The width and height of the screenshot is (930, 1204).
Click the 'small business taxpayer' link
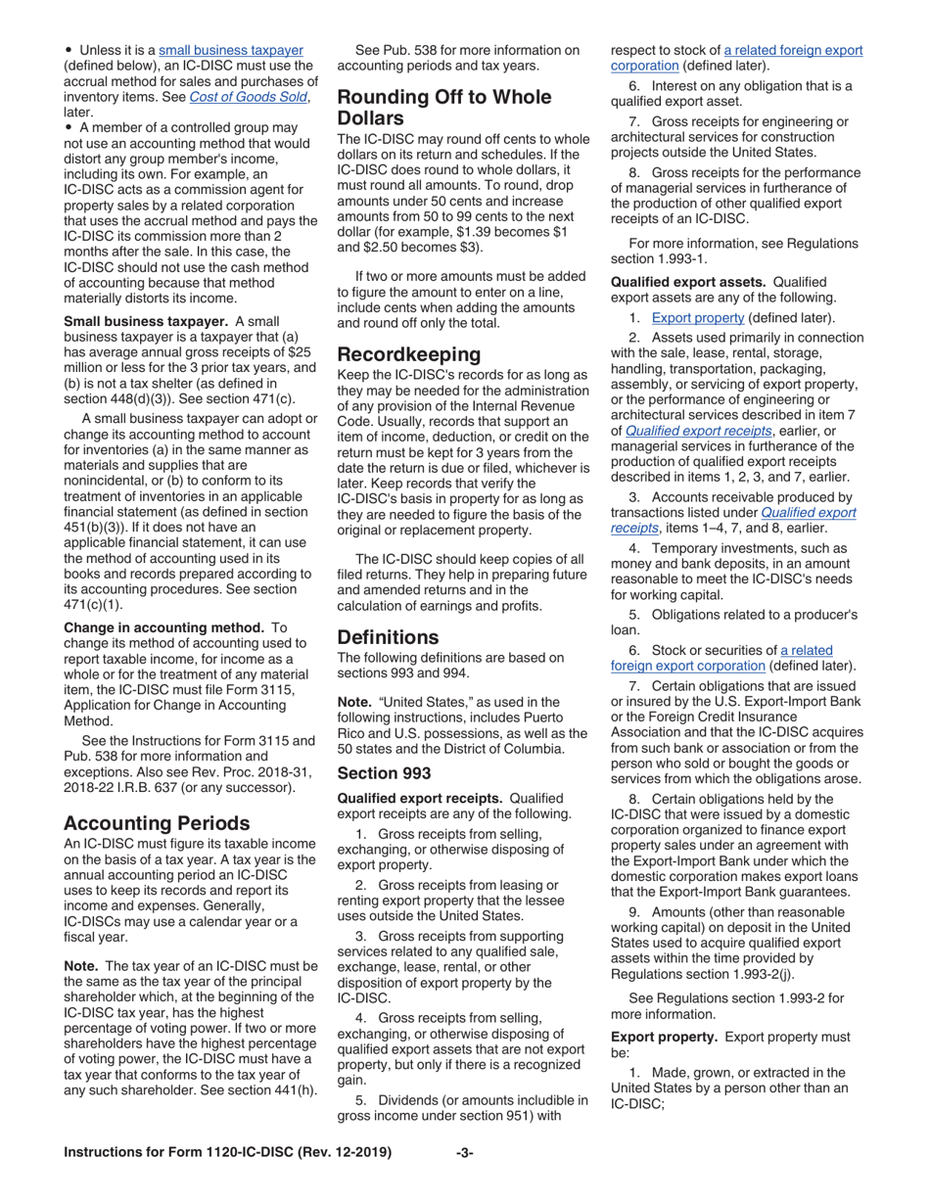click(x=230, y=50)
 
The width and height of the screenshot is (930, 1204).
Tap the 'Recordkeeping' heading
click(x=408, y=353)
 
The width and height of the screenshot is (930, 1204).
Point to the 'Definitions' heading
click(x=388, y=637)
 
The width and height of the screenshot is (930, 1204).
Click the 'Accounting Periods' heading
click(x=156, y=823)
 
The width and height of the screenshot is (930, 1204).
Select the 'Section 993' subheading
click(x=384, y=772)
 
